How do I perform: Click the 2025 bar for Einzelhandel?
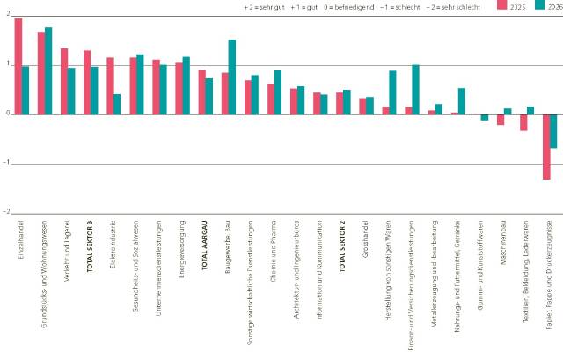18,66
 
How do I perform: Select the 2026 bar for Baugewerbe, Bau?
231,77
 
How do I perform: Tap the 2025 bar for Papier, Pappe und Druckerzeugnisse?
546,147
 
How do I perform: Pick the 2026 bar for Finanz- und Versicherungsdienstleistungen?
415,89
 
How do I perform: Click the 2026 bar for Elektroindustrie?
117,104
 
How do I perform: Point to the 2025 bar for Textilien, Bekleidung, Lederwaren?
523,122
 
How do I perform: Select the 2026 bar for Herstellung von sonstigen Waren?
392,92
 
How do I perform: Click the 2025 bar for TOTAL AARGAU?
201,92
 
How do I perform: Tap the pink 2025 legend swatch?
503,5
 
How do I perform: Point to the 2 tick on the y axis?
7,16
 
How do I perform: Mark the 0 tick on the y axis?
7,114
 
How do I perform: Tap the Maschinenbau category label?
501,241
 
